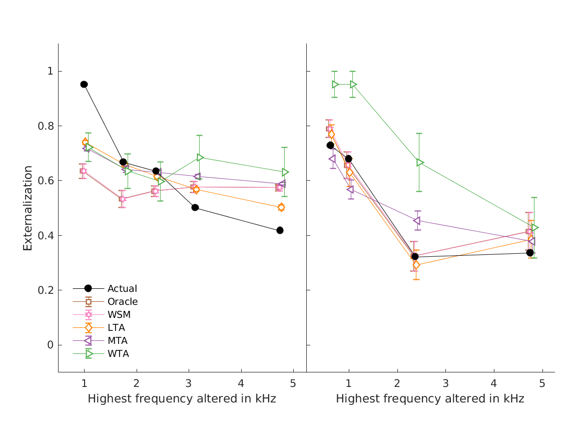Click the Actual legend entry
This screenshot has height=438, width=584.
[x=122, y=288]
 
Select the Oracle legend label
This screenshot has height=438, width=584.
[x=123, y=301]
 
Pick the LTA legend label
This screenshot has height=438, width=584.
[x=116, y=328]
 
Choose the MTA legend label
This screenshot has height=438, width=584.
[x=118, y=341]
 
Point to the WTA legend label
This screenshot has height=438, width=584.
[x=118, y=354]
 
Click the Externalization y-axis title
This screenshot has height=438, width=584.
[x=28, y=208]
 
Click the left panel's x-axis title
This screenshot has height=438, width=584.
[x=182, y=399]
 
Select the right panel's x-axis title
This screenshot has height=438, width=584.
[x=430, y=399]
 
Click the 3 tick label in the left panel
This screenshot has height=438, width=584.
[x=189, y=383]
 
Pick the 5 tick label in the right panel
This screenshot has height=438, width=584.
[x=542, y=383]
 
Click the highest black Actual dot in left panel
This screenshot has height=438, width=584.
[x=84, y=84]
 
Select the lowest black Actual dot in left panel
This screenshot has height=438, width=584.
[x=280, y=230]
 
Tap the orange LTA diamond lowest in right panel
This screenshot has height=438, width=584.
[x=416, y=265]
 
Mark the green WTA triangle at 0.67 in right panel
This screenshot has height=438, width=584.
[x=420, y=163]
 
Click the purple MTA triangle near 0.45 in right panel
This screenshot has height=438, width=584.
[x=416, y=221]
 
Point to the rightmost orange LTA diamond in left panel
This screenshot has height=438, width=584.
[x=281, y=207]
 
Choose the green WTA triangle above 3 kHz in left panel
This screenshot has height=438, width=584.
[x=200, y=158]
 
